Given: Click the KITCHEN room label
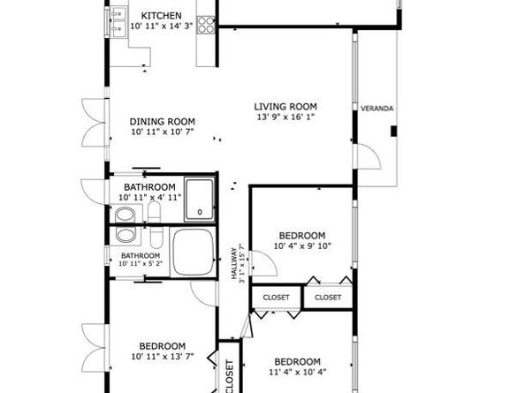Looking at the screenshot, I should (x=162, y=16).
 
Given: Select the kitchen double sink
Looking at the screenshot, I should (x=118, y=24).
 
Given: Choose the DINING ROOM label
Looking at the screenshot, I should (x=162, y=122).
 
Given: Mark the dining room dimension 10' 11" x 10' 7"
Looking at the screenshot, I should (x=162, y=132).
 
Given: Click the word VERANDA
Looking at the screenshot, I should (x=377, y=109).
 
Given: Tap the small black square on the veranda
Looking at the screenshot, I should (x=395, y=132).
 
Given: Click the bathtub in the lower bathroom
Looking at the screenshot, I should (x=194, y=252).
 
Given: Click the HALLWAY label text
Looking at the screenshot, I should (x=235, y=263).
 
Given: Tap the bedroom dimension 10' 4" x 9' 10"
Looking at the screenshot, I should (x=302, y=246).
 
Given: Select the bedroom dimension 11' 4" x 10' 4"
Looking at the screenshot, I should (x=296, y=373).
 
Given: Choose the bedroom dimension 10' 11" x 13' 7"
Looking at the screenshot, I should (x=162, y=357).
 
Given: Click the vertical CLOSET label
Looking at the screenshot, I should (x=229, y=376).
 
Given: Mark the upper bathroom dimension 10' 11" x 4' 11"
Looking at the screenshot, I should (x=152, y=198).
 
